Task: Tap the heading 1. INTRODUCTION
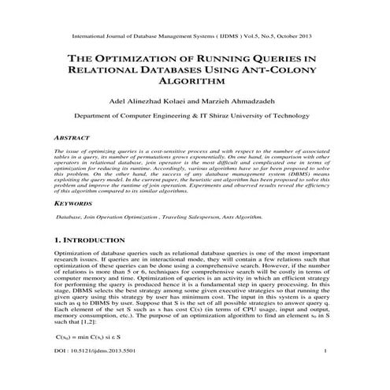(87, 238)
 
